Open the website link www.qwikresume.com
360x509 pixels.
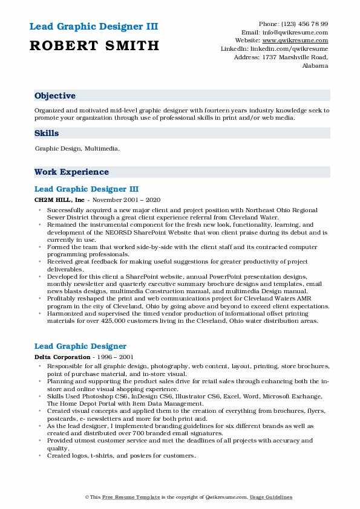click(x=299, y=41)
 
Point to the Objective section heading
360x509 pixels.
click(x=55, y=96)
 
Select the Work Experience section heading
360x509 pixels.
click(x=71, y=172)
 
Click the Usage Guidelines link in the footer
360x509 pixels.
click(x=272, y=497)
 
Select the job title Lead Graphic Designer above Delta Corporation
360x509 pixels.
click(x=80, y=346)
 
